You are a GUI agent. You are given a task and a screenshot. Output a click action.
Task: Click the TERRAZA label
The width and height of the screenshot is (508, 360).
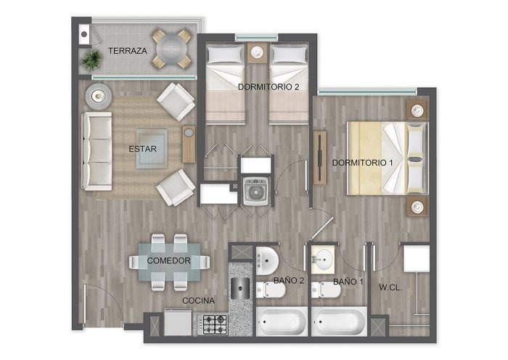[x=127, y=51]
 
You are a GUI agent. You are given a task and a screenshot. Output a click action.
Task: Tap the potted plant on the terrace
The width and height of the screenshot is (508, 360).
[x=92, y=60]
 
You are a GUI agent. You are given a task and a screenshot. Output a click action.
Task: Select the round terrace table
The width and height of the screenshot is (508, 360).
[x=171, y=49]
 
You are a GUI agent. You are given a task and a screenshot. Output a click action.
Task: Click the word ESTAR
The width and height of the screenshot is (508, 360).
[x=142, y=149]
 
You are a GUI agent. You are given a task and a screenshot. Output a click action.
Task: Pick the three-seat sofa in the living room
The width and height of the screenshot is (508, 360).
[x=97, y=151]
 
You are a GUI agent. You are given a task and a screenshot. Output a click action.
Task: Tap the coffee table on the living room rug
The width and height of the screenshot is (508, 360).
[x=152, y=149]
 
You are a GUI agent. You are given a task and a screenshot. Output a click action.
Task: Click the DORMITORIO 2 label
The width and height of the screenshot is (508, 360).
[x=269, y=87]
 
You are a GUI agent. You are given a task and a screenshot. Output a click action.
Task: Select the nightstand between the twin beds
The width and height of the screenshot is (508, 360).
[x=257, y=52]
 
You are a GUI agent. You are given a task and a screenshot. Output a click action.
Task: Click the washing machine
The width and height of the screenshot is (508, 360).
[x=255, y=192]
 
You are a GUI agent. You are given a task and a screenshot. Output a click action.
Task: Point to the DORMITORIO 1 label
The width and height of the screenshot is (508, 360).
[x=363, y=163]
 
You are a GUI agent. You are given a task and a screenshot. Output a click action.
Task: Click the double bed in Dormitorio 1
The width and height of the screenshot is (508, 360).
[x=388, y=158]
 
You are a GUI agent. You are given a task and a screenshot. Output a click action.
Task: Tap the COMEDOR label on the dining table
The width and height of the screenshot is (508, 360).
[x=168, y=261]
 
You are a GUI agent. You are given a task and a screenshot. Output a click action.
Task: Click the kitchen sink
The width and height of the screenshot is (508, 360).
[x=239, y=287]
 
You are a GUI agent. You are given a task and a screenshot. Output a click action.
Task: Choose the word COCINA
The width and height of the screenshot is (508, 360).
[x=198, y=300]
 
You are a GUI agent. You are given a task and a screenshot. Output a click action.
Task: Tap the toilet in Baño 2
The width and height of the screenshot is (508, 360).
[x=270, y=290]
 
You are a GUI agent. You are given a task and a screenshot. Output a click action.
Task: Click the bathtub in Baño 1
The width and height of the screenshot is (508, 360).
[x=339, y=322]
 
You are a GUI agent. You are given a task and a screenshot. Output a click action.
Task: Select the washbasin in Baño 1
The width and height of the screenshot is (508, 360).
[x=323, y=259]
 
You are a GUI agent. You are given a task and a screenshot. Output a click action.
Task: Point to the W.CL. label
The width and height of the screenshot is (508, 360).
[x=390, y=287]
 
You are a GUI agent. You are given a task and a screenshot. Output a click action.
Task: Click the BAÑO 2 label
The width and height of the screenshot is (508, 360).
[x=289, y=281]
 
